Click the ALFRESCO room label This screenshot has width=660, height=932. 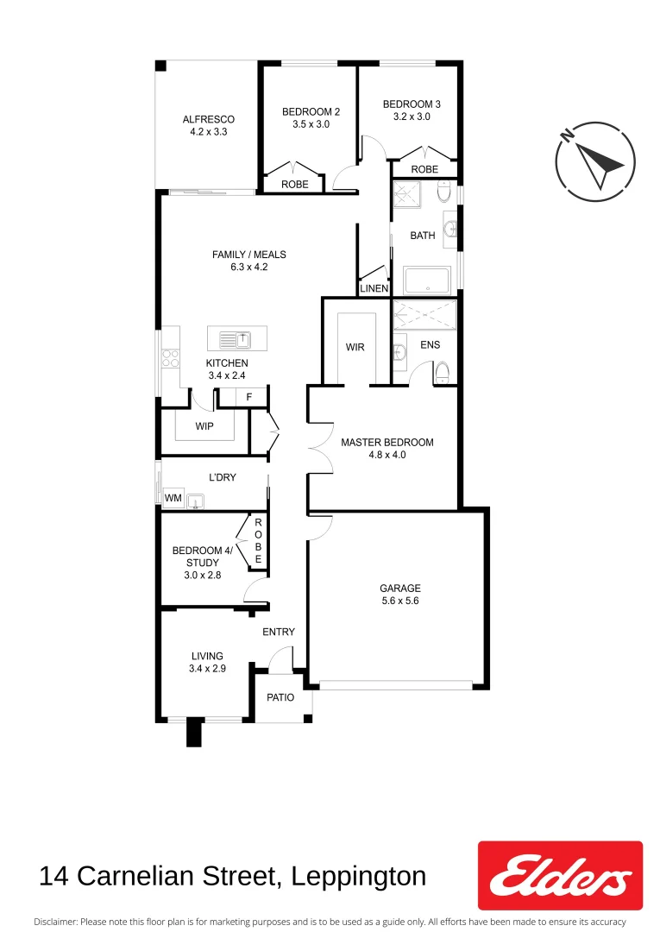coord(208,119)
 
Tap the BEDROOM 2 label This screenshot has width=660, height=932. coord(311,111)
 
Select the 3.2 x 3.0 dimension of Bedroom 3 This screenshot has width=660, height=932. coord(412,116)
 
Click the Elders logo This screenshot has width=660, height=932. coord(560,875)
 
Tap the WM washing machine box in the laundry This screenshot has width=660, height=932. coord(173,498)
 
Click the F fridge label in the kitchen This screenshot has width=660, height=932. coord(249,397)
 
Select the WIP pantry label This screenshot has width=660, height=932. coord(204,426)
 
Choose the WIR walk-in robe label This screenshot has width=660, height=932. coord(355,347)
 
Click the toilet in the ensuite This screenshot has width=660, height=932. coord(443,372)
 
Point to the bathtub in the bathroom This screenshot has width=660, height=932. coord(427,280)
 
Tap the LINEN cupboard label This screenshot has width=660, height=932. coord(374,288)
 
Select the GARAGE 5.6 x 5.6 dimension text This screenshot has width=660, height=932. coord(399,601)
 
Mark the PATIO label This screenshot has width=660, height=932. coord(280,697)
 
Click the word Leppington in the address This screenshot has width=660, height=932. coord(358,877)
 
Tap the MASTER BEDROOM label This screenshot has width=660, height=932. coord(387,442)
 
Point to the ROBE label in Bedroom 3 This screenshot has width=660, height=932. coord(424,170)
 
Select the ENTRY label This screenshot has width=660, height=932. coord(279,632)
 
